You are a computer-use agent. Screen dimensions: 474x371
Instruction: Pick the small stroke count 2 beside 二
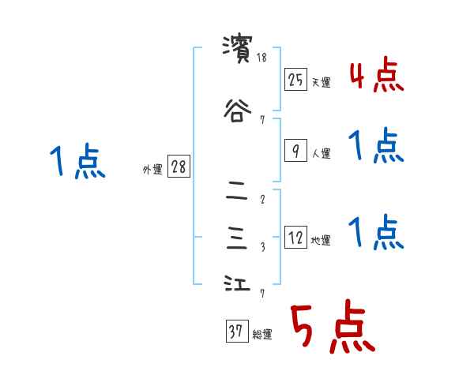[x=262, y=200]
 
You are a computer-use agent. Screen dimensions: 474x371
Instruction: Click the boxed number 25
[x=295, y=80]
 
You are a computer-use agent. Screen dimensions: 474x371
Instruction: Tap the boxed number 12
[x=295, y=238]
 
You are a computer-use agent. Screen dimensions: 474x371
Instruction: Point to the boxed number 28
[x=179, y=167]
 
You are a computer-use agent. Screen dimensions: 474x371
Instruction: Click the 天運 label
[x=321, y=82]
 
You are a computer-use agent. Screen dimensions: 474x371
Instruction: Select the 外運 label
[x=152, y=167]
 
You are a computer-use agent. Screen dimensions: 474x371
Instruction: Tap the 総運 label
[x=262, y=335]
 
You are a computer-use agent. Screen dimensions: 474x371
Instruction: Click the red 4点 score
[x=377, y=78]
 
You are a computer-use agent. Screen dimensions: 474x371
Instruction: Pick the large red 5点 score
[x=331, y=328]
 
